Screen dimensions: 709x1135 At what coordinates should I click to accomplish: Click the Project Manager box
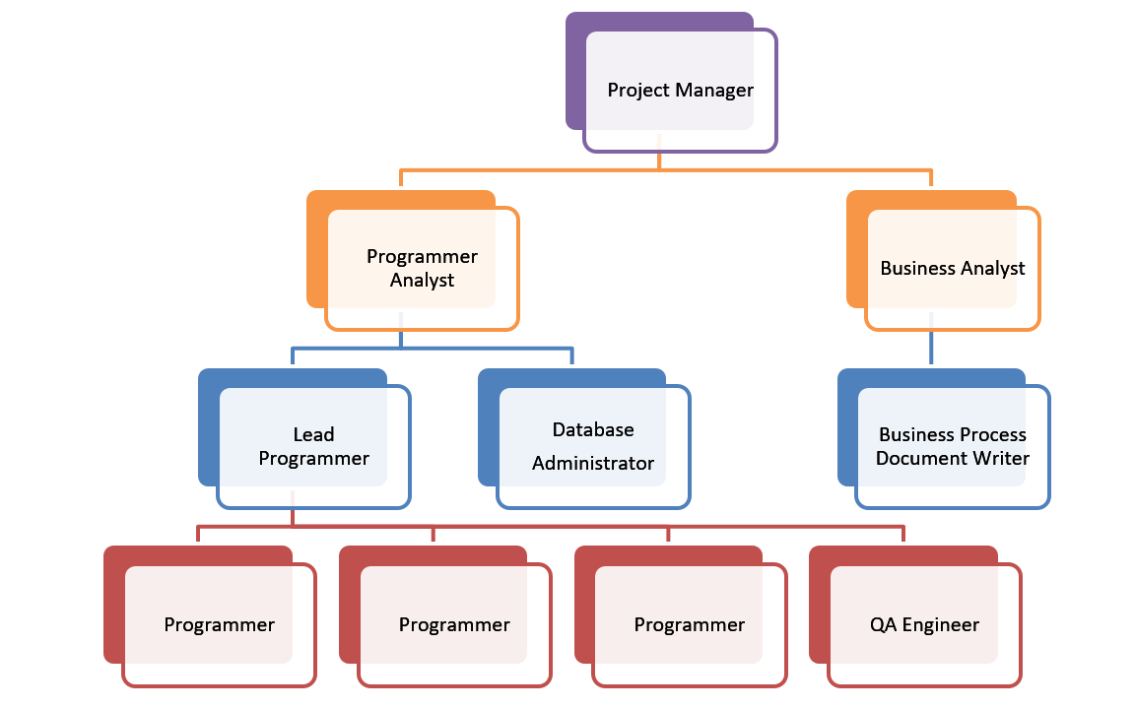pyautogui.click(x=680, y=90)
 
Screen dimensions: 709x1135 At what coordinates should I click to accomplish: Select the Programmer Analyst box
pyautogui.click(x=422, y=268)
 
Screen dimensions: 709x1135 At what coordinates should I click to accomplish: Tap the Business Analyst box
pyautogui.click(x=952, y=268)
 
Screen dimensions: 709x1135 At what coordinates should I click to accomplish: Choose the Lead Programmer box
pyautogui.click(x=313, y=446)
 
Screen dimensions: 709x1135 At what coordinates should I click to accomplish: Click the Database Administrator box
pyautogui.click(x=593, y=446)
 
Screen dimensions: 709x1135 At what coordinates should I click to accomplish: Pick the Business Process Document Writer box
pyautogui.click(x=952, y=446)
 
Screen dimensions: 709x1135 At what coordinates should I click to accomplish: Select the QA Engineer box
pyautogui.click(x=924, y=624)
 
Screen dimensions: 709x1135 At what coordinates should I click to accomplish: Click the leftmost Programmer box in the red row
pyautogui.click(x=219, y=624)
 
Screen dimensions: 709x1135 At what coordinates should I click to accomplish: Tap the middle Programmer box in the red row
pyautogui.click(x=454, y=624)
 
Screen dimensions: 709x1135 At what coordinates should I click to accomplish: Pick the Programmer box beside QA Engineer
pyautogui.click(x=689, y=624)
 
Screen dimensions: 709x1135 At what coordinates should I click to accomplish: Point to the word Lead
pyautogui.click(x=313, y=434)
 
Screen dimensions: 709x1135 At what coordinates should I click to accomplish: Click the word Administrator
pyautogui.click(x=593, y=463)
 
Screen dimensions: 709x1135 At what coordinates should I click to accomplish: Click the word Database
pyautogui.click(x=593, y=429)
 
